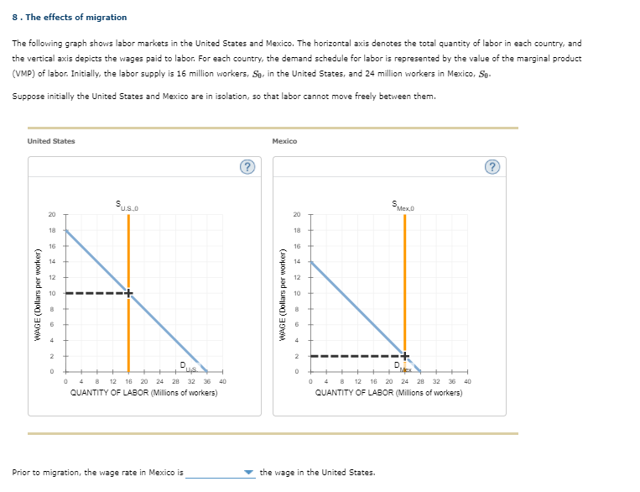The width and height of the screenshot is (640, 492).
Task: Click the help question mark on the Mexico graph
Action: [492, 165]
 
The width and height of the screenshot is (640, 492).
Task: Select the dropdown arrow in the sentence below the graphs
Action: [248, 473]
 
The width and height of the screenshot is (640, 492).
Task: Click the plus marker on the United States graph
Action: [128, 293]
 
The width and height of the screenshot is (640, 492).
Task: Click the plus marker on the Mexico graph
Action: [405, 356]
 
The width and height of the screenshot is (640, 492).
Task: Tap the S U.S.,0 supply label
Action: [128, 204]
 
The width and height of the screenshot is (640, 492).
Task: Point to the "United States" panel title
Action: [51, 141]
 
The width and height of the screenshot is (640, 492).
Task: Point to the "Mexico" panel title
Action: [284, 141]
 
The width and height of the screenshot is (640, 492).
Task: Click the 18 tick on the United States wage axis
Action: [52, 231]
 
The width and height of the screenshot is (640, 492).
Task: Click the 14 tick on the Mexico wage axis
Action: [297, 262]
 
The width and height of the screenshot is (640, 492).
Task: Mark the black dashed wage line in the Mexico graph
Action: [352, 356]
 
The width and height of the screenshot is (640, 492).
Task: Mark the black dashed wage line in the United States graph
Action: [92, 293]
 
